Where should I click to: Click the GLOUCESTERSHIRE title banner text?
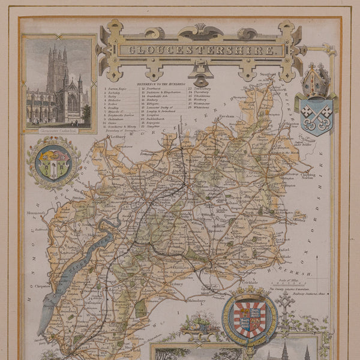pyautogui.click(x=199, y=50)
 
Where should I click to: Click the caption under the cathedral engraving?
pyautogui.click(x=58, y=128)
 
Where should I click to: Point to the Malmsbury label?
pyautogui.click(x=199, y=300)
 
